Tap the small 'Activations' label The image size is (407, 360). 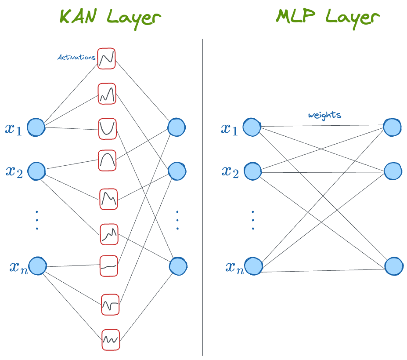[77, 58]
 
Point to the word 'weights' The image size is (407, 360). [324, 115]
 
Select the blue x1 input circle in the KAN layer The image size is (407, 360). [36, 127]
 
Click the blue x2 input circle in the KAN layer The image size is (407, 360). [37, 171]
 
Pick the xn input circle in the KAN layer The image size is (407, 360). [37, 266]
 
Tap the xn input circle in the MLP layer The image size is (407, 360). [253, 266]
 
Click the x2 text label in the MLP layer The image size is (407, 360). [229, 171]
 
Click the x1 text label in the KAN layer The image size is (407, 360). [13, 128]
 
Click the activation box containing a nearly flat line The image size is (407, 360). [109, 266]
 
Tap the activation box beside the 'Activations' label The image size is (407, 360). [106, 58]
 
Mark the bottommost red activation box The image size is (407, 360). [110, 339]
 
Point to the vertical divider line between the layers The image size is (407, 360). [203, 198]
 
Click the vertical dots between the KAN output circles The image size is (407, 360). [177, 220]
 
